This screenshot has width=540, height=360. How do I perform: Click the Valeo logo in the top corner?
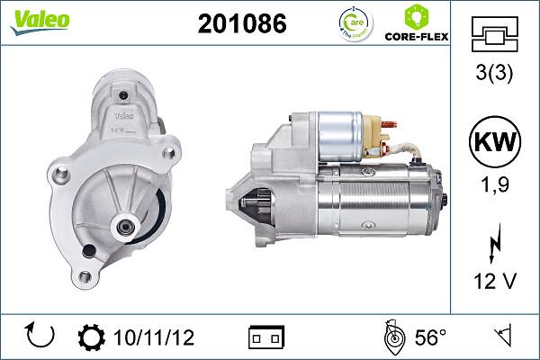[40, 22]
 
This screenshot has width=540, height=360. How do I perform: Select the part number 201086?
[242, 23]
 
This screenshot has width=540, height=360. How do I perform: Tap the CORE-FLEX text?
[417, 37]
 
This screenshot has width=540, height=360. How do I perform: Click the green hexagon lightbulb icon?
[417, 17]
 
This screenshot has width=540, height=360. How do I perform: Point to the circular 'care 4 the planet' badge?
[355, 23]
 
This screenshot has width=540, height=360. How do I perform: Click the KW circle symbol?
[495, 141]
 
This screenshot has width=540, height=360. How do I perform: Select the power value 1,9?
[495, 184]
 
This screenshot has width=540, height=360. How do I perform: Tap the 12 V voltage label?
[495, 281]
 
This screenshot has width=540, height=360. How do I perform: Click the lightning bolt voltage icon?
[495, 243]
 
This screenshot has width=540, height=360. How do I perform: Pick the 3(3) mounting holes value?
[494, 73]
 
